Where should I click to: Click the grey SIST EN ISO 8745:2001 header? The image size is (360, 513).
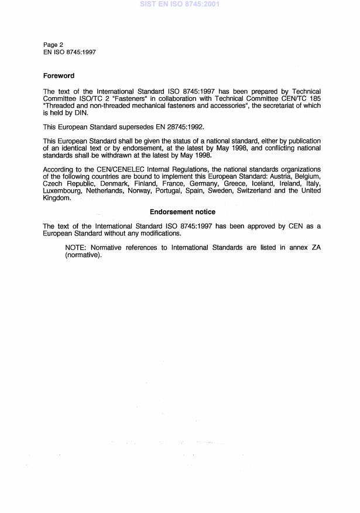pos(179,4)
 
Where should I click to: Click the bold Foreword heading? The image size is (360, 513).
pos(59,76)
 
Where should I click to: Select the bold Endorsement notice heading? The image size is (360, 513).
pos(182,211)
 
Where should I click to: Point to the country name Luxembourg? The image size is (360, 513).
pos(63,191)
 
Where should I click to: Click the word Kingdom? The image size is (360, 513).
pos(57,198)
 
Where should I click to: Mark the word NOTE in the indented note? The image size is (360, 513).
pos(76,248)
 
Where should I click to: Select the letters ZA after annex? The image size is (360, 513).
pos(315,248)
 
